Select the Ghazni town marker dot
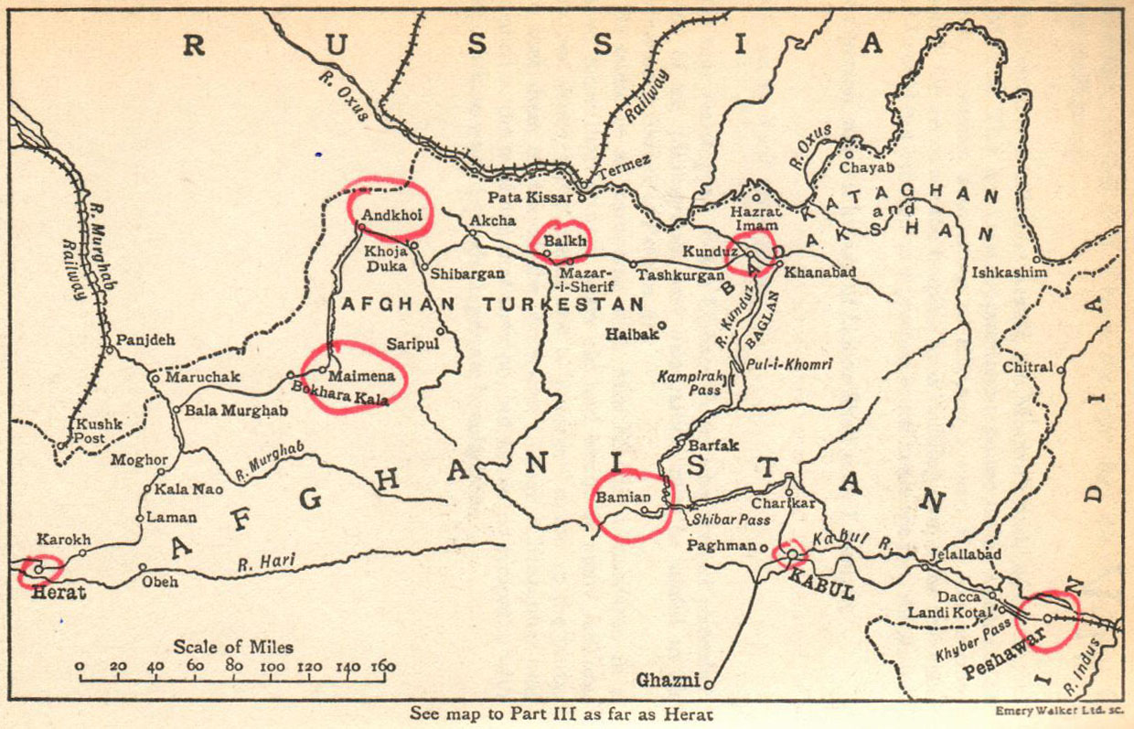(709, 682)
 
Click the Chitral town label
(1028, 368)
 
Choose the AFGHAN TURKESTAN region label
(491, 304)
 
